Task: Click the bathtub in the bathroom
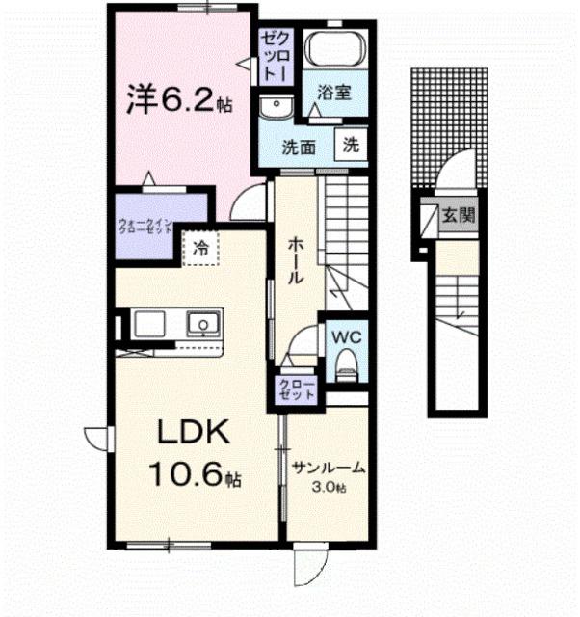[334, 49]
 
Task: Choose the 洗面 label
[299, 148]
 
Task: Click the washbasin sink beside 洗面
[277, 106]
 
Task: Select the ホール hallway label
[295, 259]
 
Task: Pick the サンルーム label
[330, 469]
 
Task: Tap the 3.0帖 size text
[330, 488]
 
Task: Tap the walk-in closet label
[146, 228]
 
